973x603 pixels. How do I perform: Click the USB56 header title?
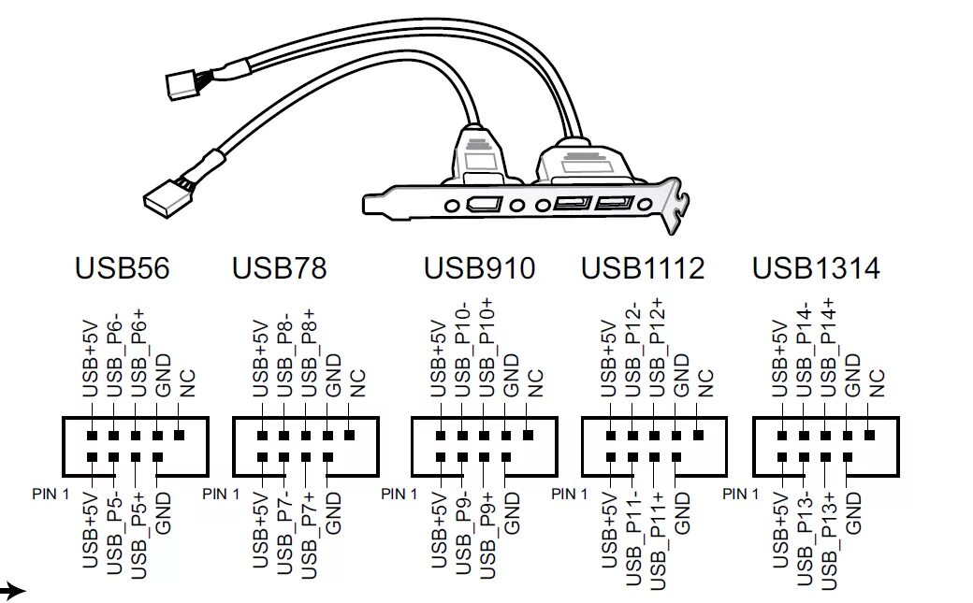[x=122, y=269]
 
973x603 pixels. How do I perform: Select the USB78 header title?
[x=279, y=269]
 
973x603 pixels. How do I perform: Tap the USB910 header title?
[x=479, y=269]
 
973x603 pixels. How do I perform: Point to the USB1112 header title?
[x=642, y=269]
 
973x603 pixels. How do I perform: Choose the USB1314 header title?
[x=816, y=269]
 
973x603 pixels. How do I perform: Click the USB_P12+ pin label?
[x=658, y=346]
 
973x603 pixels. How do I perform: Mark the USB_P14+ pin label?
[x=828, y=346]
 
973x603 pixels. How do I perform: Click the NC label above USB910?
[x=535, y=380]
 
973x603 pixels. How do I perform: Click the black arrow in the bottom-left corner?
[x=11, y=590]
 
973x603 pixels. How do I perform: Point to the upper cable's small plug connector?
[x=182, y=85]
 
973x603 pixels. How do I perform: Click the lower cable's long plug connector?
[x=167, y=193]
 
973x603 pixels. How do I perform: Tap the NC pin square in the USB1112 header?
[x=699, y=436]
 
